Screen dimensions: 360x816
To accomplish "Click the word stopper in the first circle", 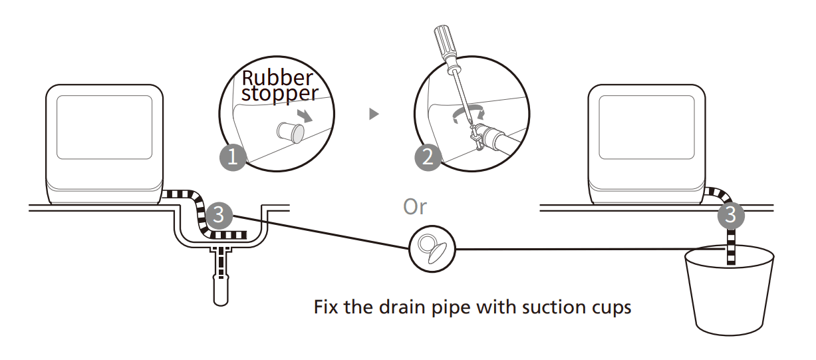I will (x=279, y=93).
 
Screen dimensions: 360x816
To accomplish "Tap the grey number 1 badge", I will (x=233, y=158).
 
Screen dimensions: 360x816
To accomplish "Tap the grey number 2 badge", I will (x=428, y=158).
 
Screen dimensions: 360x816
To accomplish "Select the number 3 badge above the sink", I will (x=219, y=215).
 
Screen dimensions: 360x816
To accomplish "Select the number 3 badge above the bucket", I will (x=731, y=214).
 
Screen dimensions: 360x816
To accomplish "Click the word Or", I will (x=415, y=207).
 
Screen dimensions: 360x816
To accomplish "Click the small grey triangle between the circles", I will (x=374, y=114).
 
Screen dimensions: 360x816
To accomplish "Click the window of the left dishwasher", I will (x=104, y=127).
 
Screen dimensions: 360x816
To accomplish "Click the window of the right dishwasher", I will (x=646, y=127).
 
